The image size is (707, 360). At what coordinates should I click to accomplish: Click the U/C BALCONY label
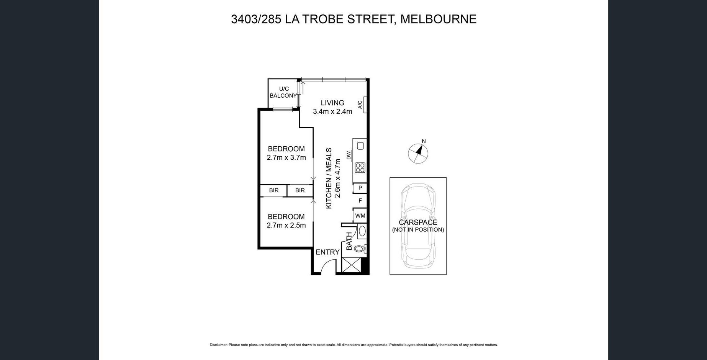283,92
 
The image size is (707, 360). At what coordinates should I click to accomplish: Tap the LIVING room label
332,103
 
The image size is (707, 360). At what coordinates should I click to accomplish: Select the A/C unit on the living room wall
365,105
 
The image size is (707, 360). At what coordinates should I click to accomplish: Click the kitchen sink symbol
360,146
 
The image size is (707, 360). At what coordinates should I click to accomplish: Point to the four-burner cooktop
360,168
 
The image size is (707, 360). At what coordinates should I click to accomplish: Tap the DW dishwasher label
349,155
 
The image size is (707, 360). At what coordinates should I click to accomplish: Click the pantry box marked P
360,188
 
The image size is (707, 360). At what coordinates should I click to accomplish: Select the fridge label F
360,200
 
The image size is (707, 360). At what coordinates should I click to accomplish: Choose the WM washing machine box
360,216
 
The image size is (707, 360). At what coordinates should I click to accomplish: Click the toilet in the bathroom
360,249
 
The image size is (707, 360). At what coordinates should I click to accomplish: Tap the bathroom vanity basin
362,231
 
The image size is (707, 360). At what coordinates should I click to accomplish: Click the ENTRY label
327,252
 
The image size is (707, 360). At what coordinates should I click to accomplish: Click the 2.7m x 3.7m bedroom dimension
286,157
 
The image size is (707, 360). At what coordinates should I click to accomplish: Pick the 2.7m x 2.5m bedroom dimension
286,225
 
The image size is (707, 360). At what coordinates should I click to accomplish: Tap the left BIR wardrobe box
273,190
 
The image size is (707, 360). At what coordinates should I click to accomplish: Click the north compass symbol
418,153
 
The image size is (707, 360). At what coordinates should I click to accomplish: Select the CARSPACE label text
418,222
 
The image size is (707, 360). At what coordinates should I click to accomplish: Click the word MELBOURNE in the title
439,19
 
